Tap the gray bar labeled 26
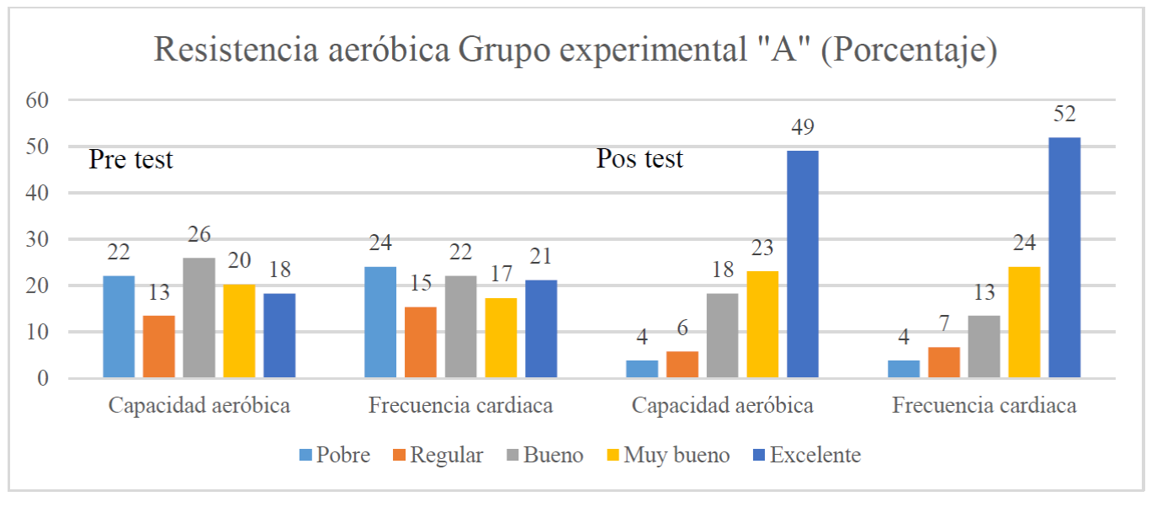(x=199, y=318)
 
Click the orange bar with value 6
(x=682, y=364)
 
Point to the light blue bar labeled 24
(x=379, y=322)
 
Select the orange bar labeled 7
(x=943, y=362)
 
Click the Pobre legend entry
(x=334, y=456)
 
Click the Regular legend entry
(x=437, y=456)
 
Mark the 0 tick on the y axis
(x=41, y=379)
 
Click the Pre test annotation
(x=131, y=159)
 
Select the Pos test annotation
(x=640, y=158)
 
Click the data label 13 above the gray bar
(x=985, y=293)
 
